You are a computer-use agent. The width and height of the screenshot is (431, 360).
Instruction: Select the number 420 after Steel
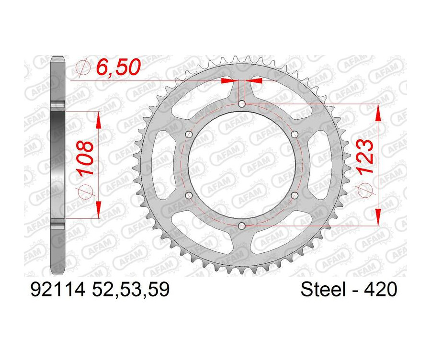[x=380, y=290]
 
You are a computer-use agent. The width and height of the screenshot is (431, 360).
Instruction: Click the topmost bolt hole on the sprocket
[x=241, y=104]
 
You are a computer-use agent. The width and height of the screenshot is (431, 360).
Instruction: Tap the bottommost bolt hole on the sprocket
[x=241, y=225]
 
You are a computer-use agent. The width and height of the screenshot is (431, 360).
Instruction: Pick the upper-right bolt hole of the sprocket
[x=295, y=134]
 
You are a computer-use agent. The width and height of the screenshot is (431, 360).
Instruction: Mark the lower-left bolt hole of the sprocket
[x=188, y=195]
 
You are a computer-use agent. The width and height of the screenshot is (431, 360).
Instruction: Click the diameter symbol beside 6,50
[x=83, y=69]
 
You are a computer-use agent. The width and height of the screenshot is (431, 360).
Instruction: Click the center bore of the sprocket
[x=241, y=165]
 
